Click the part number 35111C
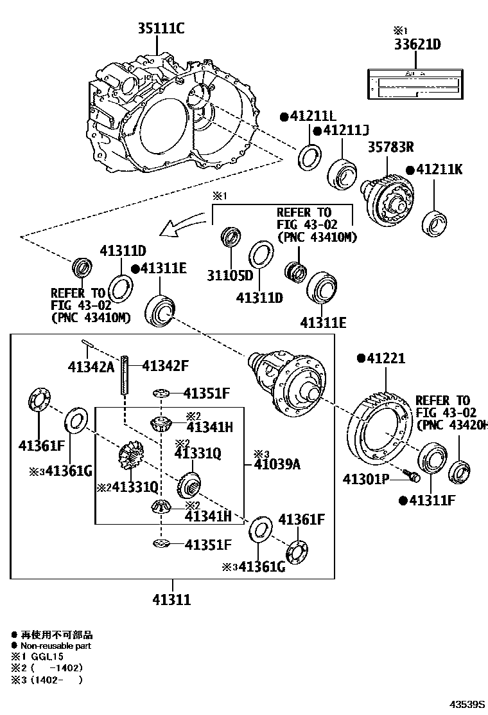161,28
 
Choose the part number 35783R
390,147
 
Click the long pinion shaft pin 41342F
125,376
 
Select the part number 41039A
277,464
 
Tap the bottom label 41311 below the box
171,600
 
